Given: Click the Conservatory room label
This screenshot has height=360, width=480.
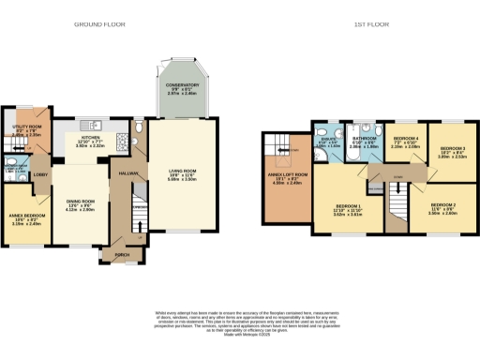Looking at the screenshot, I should [184, 89].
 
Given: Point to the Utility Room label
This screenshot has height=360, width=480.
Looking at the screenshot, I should [23, 128].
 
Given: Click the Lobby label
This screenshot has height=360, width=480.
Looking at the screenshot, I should [41, 174].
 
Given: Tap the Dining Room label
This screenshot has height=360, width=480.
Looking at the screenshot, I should [81, 204].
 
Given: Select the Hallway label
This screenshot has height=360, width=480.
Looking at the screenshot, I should [128, 172].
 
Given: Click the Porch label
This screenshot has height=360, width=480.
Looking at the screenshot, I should [123, 252].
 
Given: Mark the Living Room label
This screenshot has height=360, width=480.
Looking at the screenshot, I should [183, 174].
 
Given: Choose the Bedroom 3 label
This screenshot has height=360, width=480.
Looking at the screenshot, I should [452, 152].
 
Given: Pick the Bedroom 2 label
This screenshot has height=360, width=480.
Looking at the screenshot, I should [442, 208].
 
